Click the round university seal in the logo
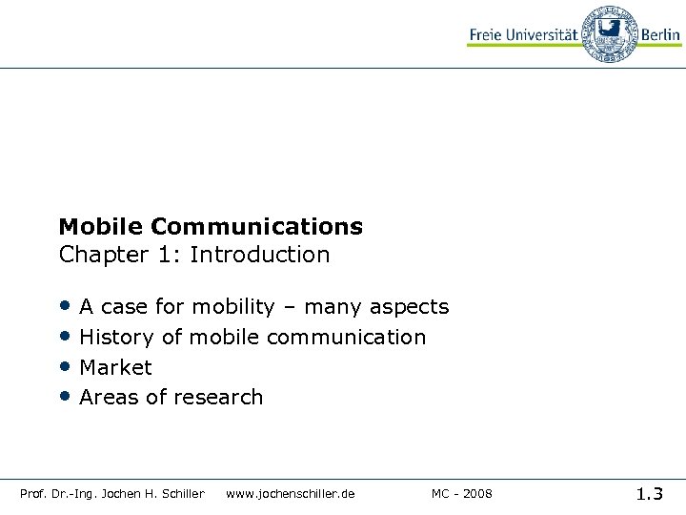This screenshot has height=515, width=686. pyautogui.click(x=609, y=34)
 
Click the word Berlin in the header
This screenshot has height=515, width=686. pyautogui.click(x=660, y=35)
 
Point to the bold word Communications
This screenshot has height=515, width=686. pyautogui.click(x=256, y=227)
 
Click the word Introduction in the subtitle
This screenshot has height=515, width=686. pyautogui.click(x=260, y=255)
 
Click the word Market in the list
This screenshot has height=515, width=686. pyautogui.click(x=115, y=367)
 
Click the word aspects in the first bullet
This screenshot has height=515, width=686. pyautogui.click(x=409, y=307)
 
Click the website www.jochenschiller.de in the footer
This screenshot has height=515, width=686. pyautogui.click(x=290, y=493)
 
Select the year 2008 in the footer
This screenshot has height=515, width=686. pyautogui.click(x=476, y=493)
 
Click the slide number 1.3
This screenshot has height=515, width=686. pyautogui.click(x=650, y=493)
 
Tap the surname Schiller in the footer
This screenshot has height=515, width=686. pyautogui.click(x=183, y=493)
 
